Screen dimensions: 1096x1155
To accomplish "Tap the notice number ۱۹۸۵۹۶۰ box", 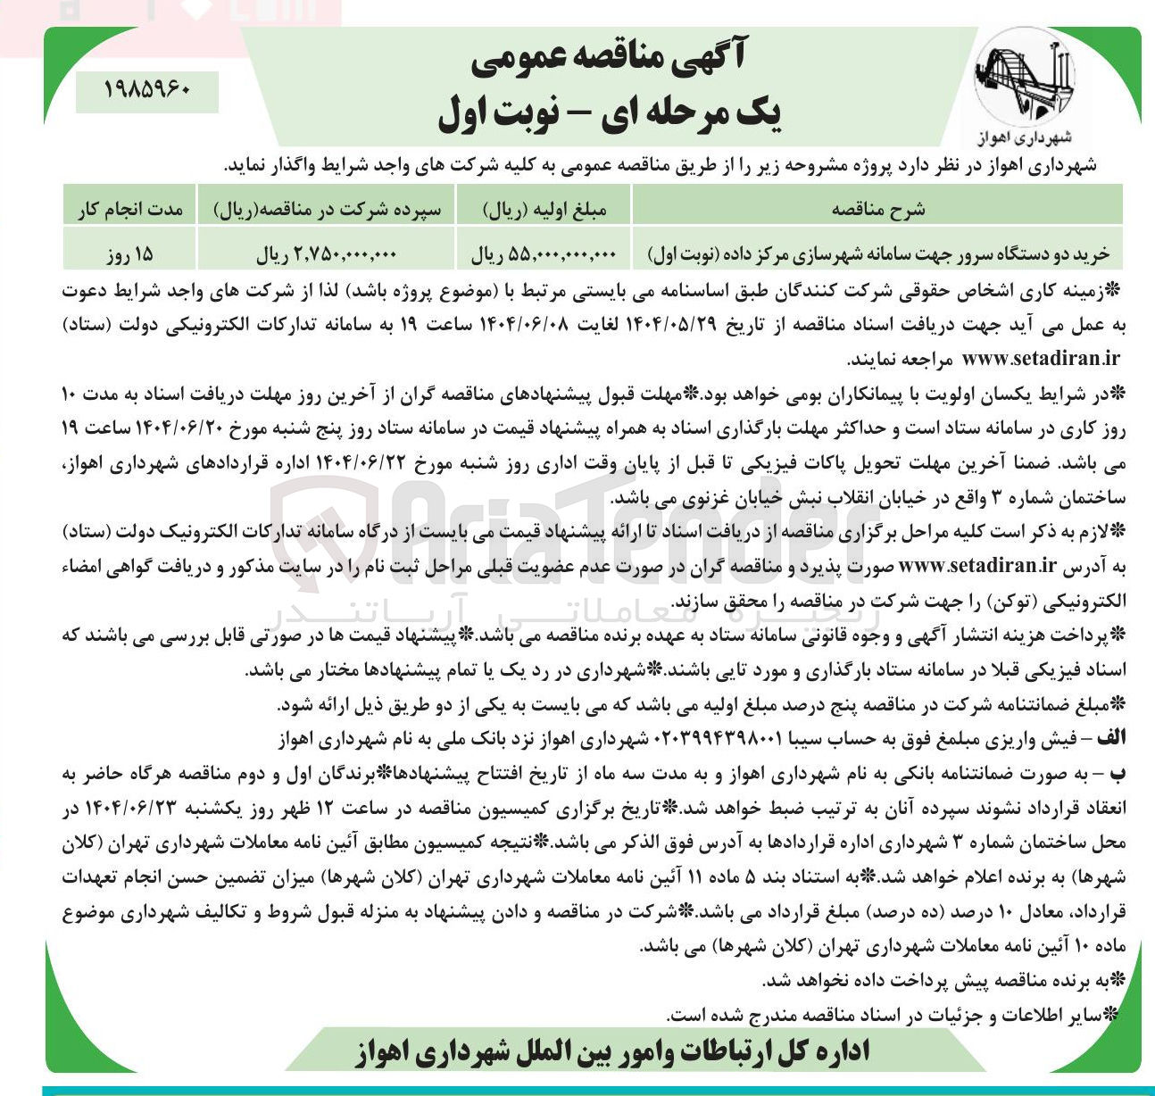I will pyautogui.click(x=147, y=91).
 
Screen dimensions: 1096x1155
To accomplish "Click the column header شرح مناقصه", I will pyautogui.click(x=877, y=209).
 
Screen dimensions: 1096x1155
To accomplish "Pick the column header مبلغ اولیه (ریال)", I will pyautogui.click(x=544, y=209).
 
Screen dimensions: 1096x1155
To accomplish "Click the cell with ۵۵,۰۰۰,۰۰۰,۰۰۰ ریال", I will pyautogui.click(x=544, y=254).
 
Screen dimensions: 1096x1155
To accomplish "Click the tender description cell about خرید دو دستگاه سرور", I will pyautogui.click(x=877, y=254).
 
